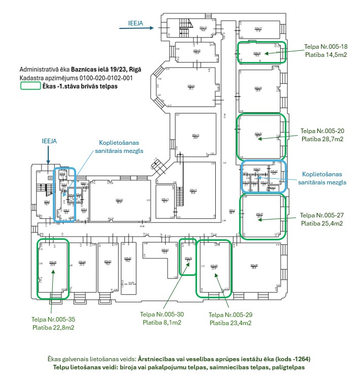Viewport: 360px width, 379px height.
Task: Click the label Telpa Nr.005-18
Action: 325,46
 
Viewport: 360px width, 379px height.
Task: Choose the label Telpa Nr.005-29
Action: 231,315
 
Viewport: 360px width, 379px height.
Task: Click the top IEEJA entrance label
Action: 135,23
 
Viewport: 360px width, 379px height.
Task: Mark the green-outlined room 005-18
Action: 261,52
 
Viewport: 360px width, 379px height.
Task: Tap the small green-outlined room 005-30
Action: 188,257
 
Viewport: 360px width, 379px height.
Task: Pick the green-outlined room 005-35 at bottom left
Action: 52,268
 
